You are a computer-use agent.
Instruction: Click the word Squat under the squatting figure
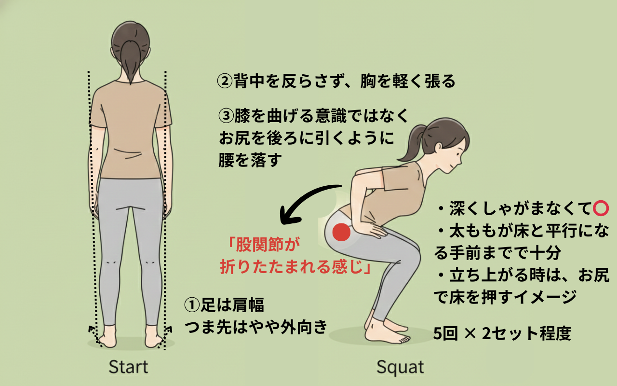tap(400, 367)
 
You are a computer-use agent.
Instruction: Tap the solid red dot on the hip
tap(341, 233)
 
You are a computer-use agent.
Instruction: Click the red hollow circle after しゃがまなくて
tap(600, 209)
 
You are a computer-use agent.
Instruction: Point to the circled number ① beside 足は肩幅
tap(192, 305)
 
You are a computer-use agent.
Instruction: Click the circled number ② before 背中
tap(225, 82)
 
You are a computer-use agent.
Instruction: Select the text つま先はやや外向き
tap(257, 326)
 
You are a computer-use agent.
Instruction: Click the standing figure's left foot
tap(107, 335)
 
